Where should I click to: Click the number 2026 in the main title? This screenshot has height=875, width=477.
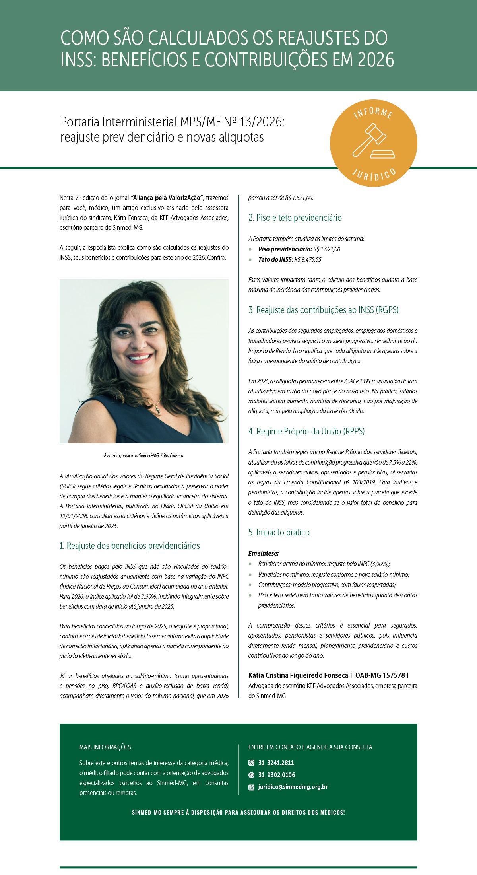[x=375, y=60]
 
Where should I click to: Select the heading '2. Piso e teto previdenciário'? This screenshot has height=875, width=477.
[x=295, y=218]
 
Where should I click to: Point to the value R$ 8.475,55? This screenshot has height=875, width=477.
[x=308, y=260]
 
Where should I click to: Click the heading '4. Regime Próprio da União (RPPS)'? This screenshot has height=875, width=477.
[x=306, y=431]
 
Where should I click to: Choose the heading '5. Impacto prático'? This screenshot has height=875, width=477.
[x=279, y=532]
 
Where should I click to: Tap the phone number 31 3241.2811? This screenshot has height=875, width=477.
[x=276, y=763]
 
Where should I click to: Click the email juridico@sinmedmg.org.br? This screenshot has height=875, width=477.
[x=293, y=787]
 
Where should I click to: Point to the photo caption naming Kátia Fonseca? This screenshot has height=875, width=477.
[x=143, y=455]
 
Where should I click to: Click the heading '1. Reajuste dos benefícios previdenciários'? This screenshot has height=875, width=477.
[x=130, y=546]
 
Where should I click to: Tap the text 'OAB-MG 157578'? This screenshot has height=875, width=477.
[x=380, y=675]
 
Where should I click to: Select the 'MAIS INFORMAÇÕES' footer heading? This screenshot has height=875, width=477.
[x=105, y=747]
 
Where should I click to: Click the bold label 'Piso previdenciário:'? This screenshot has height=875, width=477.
[x=285, y=249]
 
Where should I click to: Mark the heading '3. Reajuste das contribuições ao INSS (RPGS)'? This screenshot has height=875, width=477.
[x=324, y=310]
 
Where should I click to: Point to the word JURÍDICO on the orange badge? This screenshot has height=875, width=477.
[x=374, y=175]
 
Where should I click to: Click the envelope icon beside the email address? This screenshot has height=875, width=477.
[x=251, y=787]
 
